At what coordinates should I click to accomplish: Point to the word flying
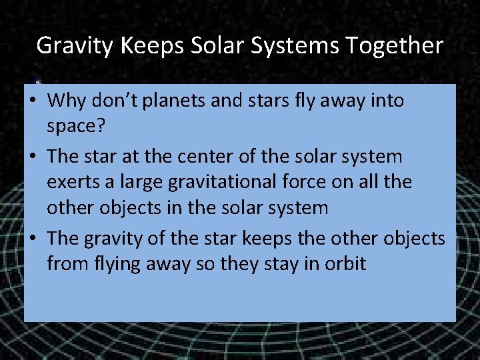point(117,264)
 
